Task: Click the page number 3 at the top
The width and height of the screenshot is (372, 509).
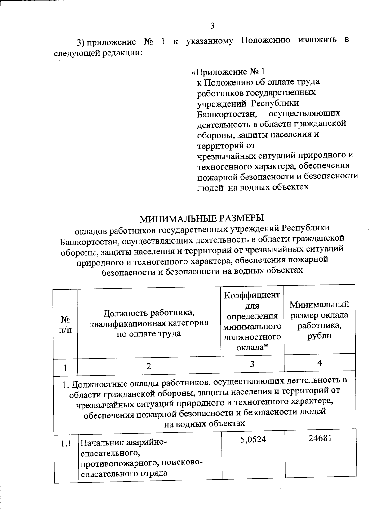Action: tap(212, 26)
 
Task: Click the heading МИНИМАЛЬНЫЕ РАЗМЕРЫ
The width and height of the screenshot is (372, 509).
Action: tap(202, 218)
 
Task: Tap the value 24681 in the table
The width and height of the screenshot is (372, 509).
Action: tap(320, 438)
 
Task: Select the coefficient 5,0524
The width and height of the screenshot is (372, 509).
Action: tap(253, 439)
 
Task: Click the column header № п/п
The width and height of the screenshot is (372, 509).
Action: tap(65, 324)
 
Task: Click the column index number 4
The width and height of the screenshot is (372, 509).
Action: tap(320, 362)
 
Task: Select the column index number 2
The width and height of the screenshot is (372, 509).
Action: tap(149, 366)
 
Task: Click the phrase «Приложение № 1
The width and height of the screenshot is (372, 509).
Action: tap(228, 72)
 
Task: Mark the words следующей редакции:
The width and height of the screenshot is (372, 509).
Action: tap(98, 53)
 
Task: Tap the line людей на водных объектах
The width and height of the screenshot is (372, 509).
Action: tap(253, 187)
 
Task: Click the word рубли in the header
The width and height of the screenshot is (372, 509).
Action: tap(320, 336)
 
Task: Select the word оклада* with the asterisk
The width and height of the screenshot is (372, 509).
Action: tap(252, 347)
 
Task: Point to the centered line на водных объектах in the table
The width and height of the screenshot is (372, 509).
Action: tap(205, 423)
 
